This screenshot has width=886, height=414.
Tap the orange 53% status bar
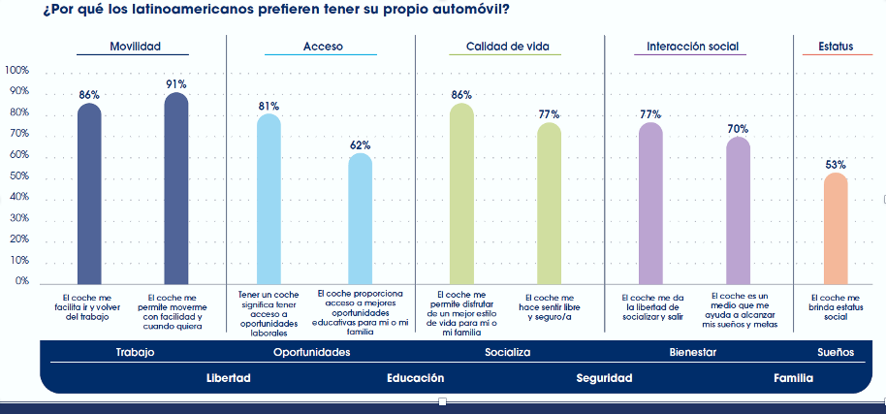tap(836, 227)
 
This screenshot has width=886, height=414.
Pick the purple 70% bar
tap(739, 208)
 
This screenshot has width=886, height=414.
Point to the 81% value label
tap(269, 106)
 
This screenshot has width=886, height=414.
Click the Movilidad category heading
tap(135, 47)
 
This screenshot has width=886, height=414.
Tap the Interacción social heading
tap(692, 47)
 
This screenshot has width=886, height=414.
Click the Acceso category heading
tap(323, 47)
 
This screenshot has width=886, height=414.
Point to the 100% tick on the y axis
tap(16, 71)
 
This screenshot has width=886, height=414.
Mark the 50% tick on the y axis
tap(19, 176)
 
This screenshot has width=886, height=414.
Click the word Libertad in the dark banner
tap(229, 378)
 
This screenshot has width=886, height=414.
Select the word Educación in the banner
tap(415, 378)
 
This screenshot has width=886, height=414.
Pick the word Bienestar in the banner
tap(692, 352)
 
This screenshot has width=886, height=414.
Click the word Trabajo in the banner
tap(135, 352)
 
